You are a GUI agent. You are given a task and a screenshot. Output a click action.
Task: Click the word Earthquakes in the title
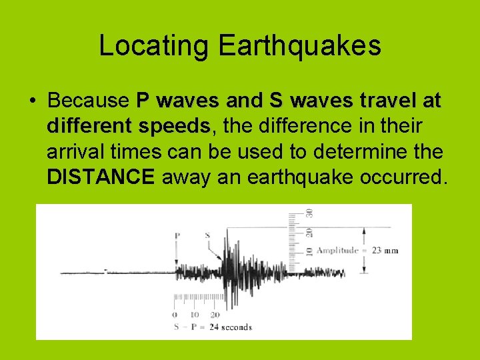pos(299,46)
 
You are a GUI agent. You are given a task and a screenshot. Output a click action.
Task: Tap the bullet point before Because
pos(32,101)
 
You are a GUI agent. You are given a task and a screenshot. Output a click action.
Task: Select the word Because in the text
pos(88,101)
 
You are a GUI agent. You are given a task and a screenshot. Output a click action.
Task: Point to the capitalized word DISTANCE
pos(101,177)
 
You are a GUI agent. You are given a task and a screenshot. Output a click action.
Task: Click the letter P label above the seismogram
pos(177,235)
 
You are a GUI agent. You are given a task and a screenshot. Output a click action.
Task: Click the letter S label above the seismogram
pos(207,235)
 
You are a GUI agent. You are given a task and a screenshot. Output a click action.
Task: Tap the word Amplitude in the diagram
pos(338,250)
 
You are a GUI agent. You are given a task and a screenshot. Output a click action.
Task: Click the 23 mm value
pos(385,250)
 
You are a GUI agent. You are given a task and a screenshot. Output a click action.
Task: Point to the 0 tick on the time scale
pos(175,315)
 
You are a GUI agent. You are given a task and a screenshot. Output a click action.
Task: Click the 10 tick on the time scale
pos(195,315)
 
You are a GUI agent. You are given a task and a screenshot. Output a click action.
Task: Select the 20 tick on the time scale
pos(215,315)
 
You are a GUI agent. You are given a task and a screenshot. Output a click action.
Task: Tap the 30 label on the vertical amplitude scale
pos(309,213)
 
